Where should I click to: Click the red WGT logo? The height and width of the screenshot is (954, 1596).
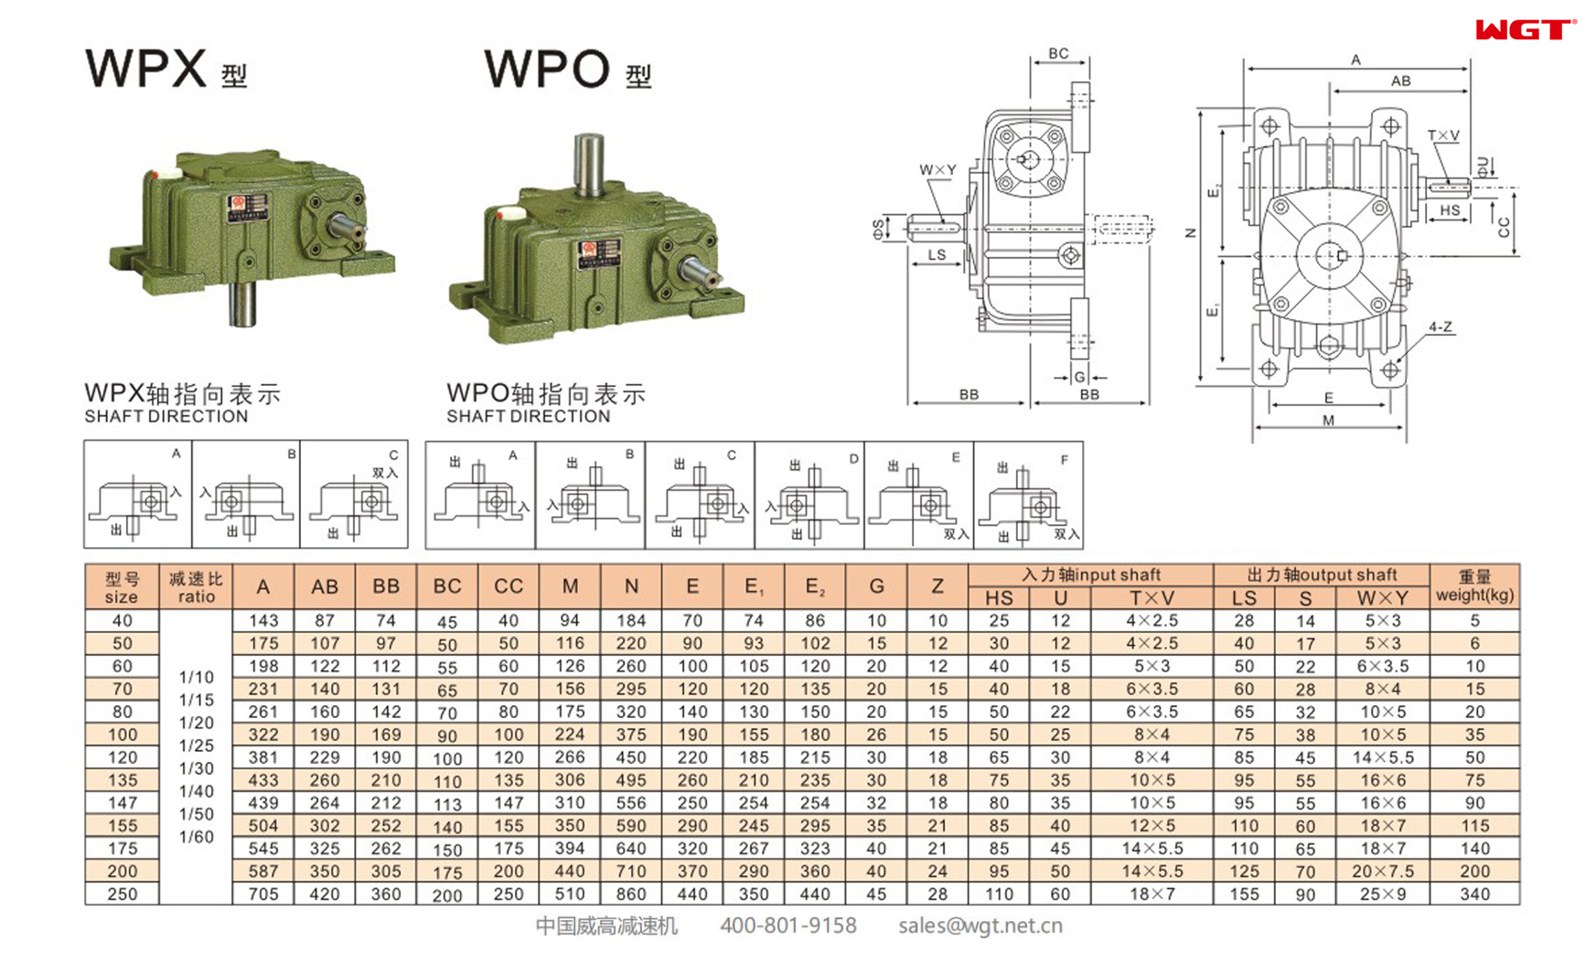click(1524, 30)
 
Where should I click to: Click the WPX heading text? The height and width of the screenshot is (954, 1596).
click(146, 68)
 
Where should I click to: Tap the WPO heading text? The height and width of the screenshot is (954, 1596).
click(547, 69)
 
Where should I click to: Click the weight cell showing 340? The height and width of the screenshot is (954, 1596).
click(1473, 894)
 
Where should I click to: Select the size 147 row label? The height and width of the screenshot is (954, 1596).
click(122, 802)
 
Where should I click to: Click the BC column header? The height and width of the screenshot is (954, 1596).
click(446, 586)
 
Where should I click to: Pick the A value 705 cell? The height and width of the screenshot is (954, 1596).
click(262, 894)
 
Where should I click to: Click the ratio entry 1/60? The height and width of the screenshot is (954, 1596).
click(196, 836)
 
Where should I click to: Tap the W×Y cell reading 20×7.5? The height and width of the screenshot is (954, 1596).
click(1382, 871)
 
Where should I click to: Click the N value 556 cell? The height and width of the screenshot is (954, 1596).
click(630, 802)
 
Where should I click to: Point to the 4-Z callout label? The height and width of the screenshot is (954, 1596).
click(1441, 327)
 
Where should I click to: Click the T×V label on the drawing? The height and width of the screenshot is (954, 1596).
click(1443, 135)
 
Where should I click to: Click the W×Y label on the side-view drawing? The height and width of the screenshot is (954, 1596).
click(937, 169)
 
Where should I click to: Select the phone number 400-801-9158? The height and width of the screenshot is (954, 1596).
click(787, 926)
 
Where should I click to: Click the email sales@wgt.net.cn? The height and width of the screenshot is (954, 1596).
click(980, 926)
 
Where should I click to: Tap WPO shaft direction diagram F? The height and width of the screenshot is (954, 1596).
click(1028, 495)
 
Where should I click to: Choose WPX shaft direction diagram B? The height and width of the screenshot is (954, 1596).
click(245, 495)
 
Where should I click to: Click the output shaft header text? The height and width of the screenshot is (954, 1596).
click(1321, 574)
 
